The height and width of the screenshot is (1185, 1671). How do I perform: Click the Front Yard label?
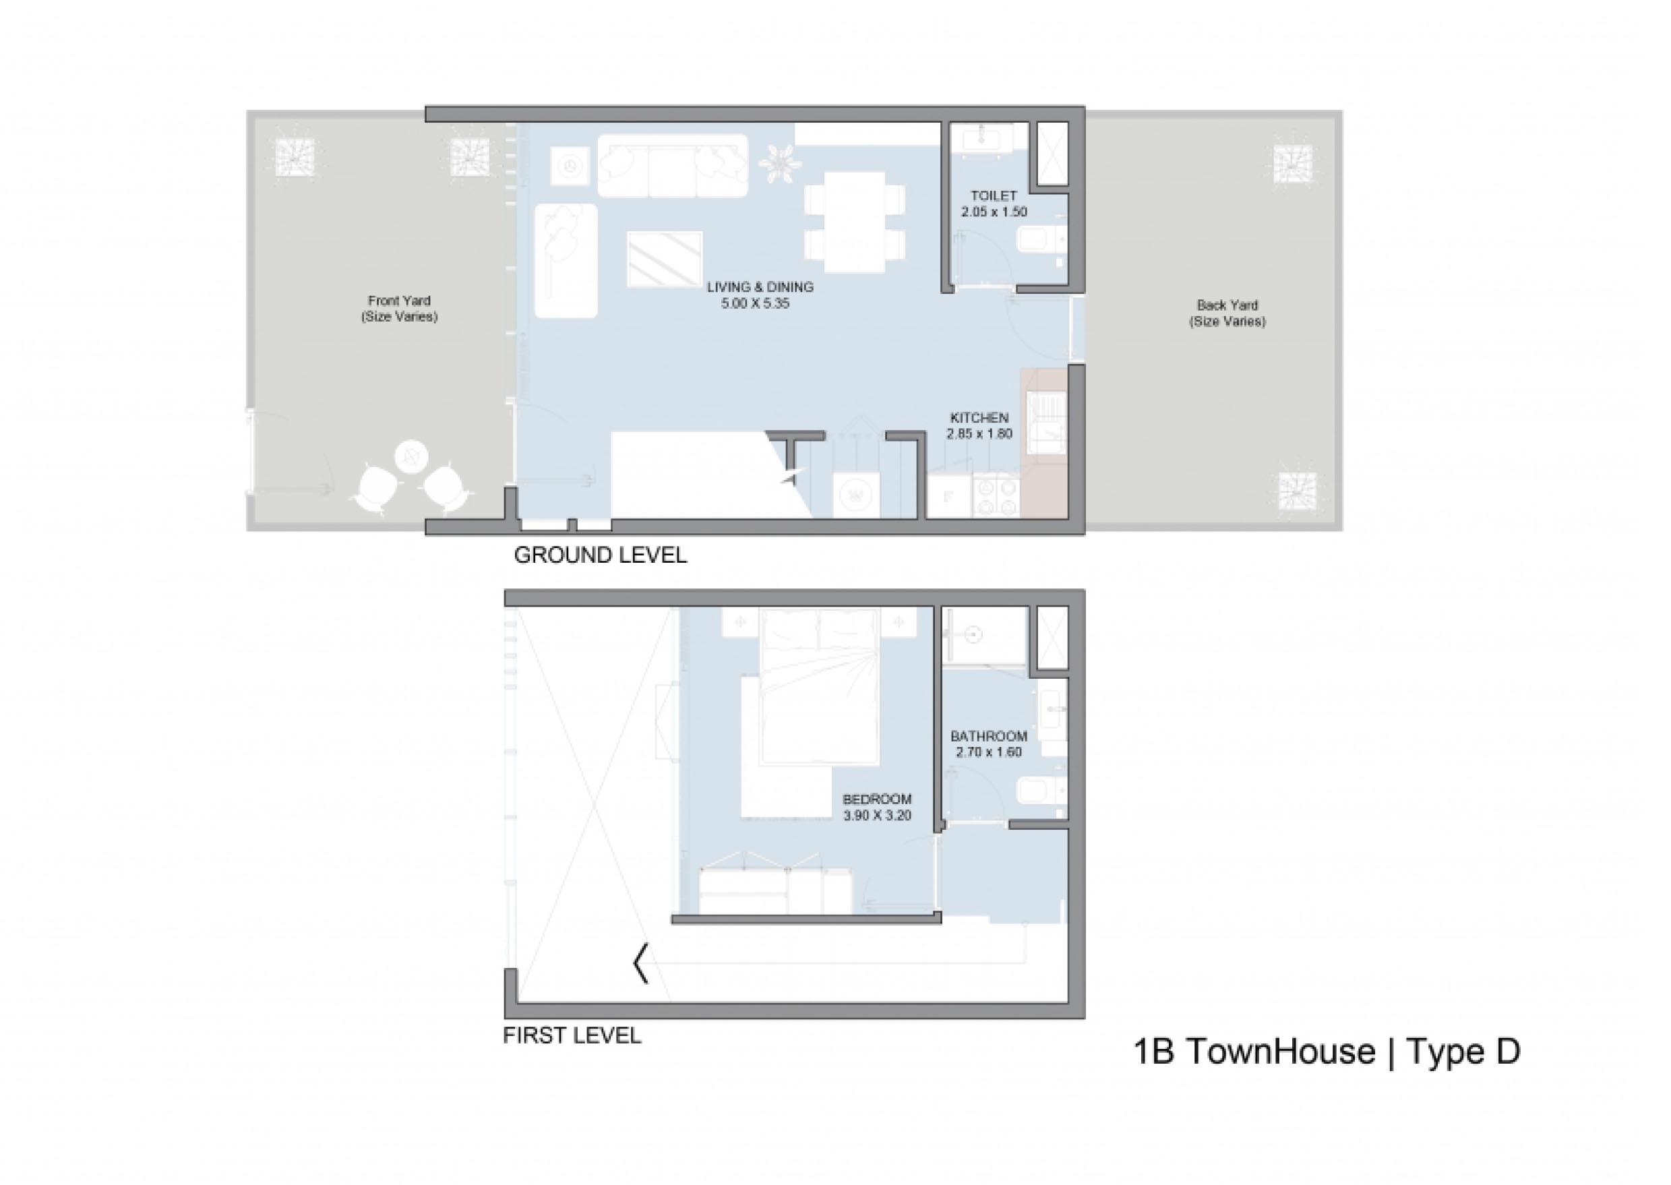click(x=399, y=301)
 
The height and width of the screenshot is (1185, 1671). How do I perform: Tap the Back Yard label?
click(x=1227, y=305)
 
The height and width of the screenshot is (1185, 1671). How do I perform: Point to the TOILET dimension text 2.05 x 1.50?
click(x=994, y=212)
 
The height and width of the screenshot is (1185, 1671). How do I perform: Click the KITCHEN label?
click(x=979, y=418)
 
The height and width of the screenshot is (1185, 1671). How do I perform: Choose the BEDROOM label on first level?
click(x=877, y=799)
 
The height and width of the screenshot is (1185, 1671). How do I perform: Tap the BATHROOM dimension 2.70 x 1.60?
click(x=989, y=752)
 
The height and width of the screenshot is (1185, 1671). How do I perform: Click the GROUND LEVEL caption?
click(x=601, y=555)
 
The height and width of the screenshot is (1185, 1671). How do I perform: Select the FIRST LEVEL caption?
click(x=572, y=1035)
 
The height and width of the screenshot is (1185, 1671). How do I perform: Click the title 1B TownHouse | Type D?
click(x=1327, y=1052)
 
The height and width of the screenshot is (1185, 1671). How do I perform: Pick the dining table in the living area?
click(x=855, y=222)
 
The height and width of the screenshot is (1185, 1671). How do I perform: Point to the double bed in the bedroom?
click(x=818, y=687)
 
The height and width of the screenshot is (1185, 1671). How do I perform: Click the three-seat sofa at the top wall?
click(x=673, y=166)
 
